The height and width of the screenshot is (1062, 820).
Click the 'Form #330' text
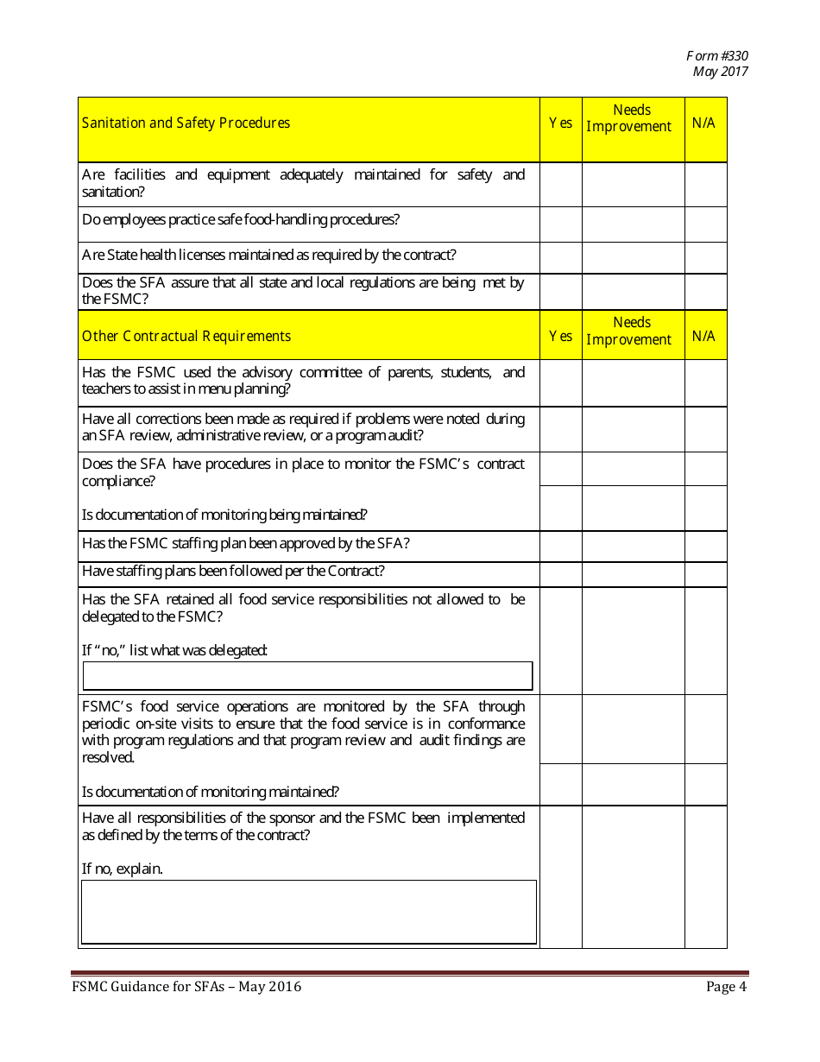tap(717, 55)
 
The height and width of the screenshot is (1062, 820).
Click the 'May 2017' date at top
tap(720, 71)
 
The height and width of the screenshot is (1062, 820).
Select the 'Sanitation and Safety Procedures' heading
tap(186, 123)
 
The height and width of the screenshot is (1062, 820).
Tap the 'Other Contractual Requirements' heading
tap(186, 336)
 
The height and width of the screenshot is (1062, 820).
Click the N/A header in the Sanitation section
tap(704, 123)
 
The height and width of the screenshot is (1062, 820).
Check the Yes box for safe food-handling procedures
tap(561, 224)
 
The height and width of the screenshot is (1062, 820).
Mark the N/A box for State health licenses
tap(705, 257)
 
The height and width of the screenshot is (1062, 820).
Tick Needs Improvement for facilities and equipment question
tap(633, 184)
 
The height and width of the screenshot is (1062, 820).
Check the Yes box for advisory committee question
tap(561, 382)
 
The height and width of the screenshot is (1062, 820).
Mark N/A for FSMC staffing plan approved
tap(705, 547)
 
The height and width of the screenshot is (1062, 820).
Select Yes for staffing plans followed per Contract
tap(561, 574)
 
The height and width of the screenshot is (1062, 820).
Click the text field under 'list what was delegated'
tap(307, 675)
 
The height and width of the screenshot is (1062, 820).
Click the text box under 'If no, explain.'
tap(308, 912)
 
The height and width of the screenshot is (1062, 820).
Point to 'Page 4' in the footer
tap(726, 987)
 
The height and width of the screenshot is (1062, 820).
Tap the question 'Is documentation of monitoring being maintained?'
tap(224, 515)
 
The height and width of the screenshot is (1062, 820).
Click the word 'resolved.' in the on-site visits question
tap(109, 757)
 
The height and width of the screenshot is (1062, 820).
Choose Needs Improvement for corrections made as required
tap(633, 429)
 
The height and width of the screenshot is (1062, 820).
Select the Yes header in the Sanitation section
tap(561, 123)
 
